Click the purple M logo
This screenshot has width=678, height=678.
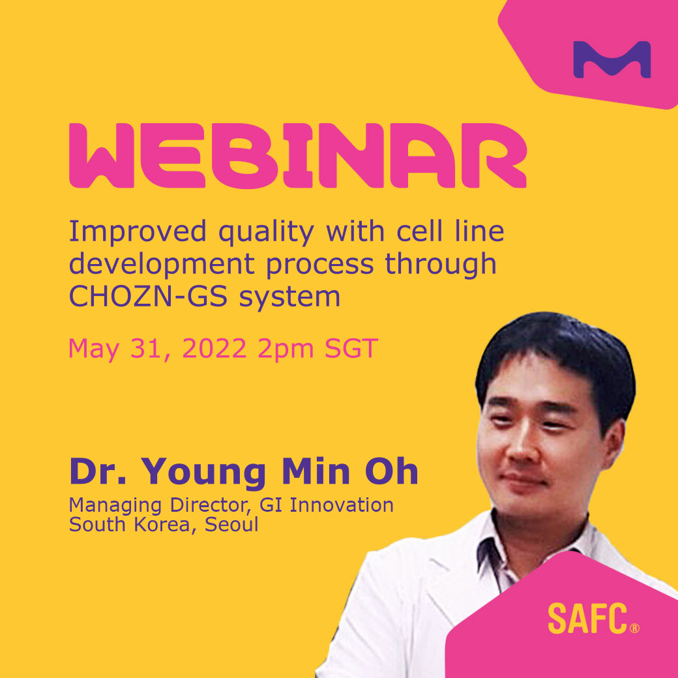pos(612,60)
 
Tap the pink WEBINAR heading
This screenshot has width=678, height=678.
pos(297,156)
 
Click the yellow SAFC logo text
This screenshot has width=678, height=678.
pos(587,619)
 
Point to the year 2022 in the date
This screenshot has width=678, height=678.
pos(214,349)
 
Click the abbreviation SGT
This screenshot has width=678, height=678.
pos(352,349)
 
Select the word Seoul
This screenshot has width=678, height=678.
pos(232,524)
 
